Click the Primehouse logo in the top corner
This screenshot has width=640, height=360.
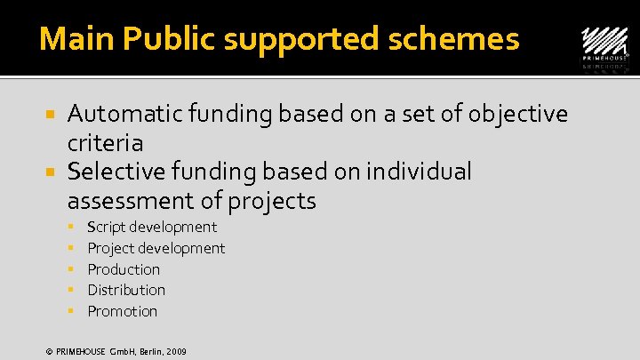pos(604,44)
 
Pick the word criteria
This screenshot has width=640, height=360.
pos(105,142)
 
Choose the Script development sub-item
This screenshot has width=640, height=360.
pos(152,228)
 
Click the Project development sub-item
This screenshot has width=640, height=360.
pos(156,249)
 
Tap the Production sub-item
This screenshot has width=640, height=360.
pos(124,269)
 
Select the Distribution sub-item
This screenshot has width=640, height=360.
pos(126,290)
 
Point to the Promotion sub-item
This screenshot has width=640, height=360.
pos(123,311)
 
